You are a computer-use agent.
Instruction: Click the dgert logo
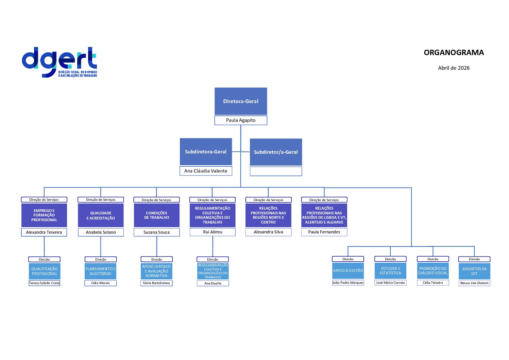tap(60, 62)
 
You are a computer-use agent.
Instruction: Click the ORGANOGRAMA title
tap(454, 53)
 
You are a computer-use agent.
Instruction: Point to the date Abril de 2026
tap(454, 68)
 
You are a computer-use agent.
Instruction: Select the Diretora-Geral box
tap(241, 101)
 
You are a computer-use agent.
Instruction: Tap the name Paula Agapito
tap(241, 120)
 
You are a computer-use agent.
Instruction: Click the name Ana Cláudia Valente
tap(206, 171)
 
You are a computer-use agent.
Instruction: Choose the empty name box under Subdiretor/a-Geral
tap(276, 171)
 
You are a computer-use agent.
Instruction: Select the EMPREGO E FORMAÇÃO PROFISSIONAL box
tap(44, 215)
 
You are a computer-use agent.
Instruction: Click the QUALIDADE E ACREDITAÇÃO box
tap(101, 215)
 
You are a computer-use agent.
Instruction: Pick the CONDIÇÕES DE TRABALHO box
tap(157, 215)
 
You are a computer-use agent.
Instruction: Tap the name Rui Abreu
tap(213, 232)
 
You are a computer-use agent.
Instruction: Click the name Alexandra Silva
tap(268, 232)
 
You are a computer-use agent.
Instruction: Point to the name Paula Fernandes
tap(324, 232)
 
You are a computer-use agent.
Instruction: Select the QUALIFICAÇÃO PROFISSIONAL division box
tap(45, 271)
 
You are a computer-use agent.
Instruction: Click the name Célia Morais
tap(101, 283)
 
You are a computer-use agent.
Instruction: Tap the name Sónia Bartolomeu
tap(156, 283)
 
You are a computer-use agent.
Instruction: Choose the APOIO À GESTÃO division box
tap(348, 271)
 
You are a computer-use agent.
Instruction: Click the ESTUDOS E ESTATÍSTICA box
tap(390, 271)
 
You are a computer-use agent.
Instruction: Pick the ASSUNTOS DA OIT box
tap(474, 271)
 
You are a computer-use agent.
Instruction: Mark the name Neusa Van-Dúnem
tap(474, 283)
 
